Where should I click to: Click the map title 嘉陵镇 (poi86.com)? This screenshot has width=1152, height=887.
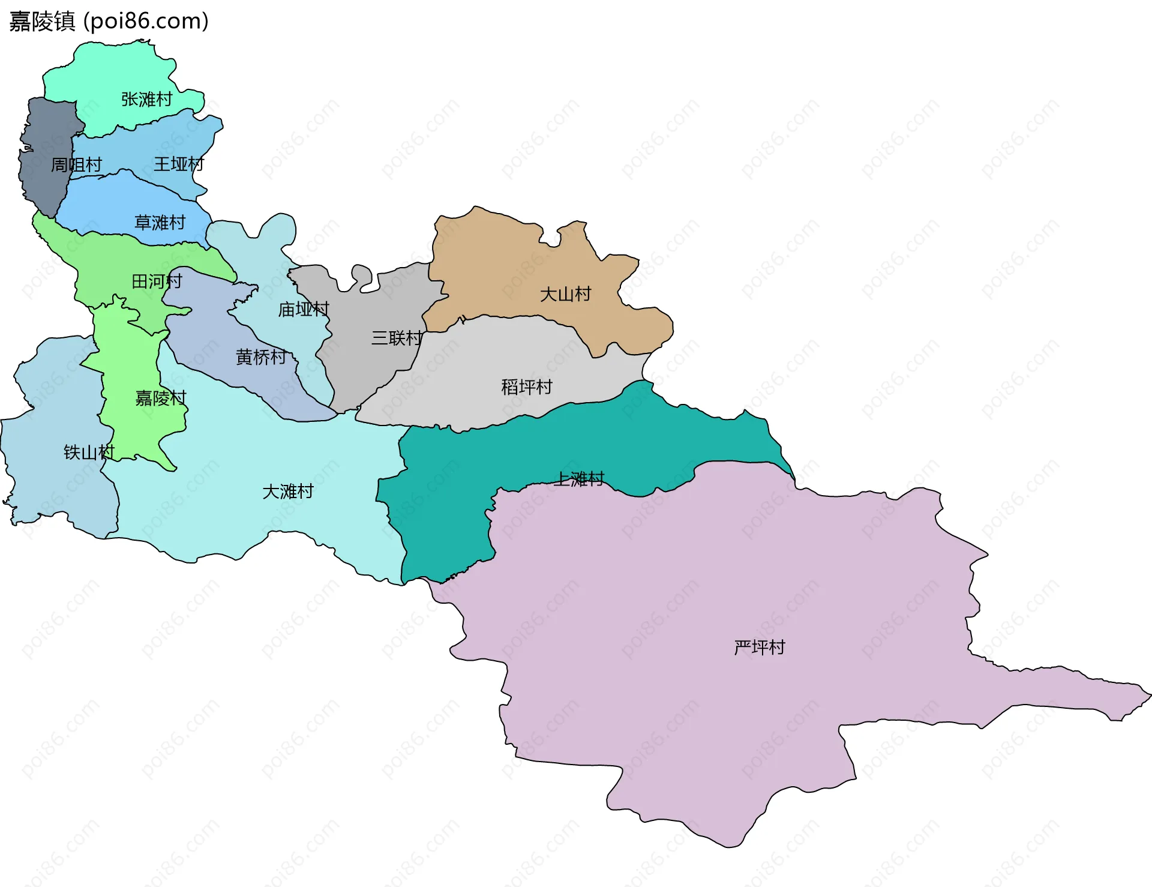[109, 22]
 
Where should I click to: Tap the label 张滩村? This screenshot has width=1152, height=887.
[146, 99]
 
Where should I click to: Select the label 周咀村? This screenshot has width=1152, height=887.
[76, 164]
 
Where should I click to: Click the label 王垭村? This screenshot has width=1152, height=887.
[179, 164]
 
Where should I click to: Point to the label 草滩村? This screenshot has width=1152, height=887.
[160, 223]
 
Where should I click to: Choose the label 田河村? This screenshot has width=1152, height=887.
[157, 281]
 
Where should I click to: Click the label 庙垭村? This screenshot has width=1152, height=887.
[304, 309]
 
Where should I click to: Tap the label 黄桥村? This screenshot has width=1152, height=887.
[261, 357]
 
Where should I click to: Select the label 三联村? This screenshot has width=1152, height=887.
[397, 338]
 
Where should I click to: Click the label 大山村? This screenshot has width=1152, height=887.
[565, 294]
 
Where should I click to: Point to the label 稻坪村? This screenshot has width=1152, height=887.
[527, 386]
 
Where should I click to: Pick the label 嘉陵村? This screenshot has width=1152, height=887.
[161, 398]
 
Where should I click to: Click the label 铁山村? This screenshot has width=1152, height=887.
[89, 452]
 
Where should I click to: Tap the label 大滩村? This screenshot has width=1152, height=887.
[288, 492]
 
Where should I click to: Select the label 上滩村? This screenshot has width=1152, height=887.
[579, 478]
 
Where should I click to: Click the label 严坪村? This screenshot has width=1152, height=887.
[759, 647]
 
